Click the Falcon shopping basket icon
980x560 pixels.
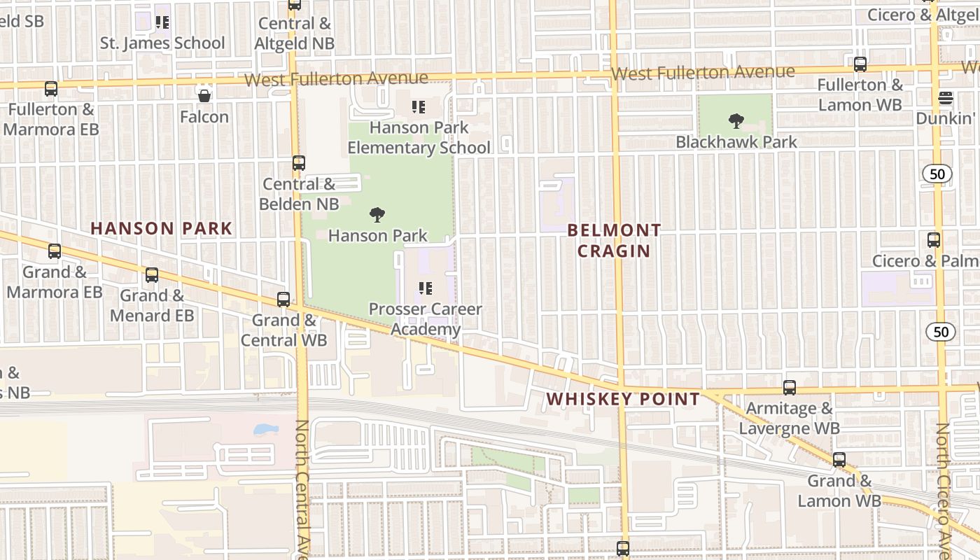(204, 96)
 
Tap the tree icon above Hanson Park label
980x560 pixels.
(377, 214)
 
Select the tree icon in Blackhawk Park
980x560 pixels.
(736, 121)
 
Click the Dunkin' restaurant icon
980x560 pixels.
(946, 97)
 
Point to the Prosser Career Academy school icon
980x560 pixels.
(424, 288)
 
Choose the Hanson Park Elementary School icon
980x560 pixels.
(419, 107)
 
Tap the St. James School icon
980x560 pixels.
(162, 22)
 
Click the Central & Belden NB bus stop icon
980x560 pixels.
(299, 163)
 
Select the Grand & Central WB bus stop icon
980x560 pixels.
(283, 300)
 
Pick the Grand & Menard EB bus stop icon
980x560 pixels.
(152, 275)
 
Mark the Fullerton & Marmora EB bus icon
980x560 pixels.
(51, 89)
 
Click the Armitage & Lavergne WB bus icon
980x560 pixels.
(790, 387)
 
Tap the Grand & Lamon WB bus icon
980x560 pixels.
(839, 460)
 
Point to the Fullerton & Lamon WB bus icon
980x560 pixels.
(860, 64)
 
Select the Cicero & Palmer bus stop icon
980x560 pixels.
(934, 240)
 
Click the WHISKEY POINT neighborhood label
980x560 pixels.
(623, 399)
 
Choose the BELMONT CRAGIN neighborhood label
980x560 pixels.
(614, 240)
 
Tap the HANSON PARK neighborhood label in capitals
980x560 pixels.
(161, 228)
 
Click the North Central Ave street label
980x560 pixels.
(302, 490)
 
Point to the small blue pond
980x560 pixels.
(266, 428)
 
